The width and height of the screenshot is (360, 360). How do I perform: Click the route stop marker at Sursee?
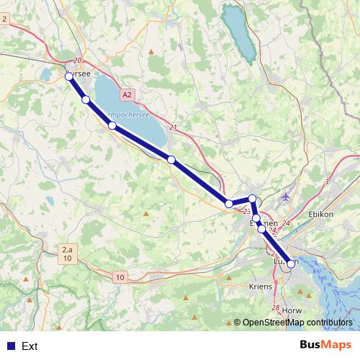69,76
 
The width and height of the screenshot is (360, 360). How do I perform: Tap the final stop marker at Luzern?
291,264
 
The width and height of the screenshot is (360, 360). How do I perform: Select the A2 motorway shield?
127,94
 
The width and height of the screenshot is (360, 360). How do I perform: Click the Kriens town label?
260,286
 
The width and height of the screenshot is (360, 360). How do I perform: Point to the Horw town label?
292,310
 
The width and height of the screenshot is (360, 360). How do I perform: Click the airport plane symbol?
287,196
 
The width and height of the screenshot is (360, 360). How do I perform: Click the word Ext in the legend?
30,346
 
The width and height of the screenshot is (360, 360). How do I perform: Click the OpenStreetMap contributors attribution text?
297,323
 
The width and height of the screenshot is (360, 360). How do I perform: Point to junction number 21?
173,127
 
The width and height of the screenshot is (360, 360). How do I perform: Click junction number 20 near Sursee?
78,62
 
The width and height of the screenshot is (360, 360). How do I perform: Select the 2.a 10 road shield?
66,253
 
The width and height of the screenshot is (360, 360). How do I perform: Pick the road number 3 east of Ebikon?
327,181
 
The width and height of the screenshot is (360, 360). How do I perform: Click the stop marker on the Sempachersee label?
112,125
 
